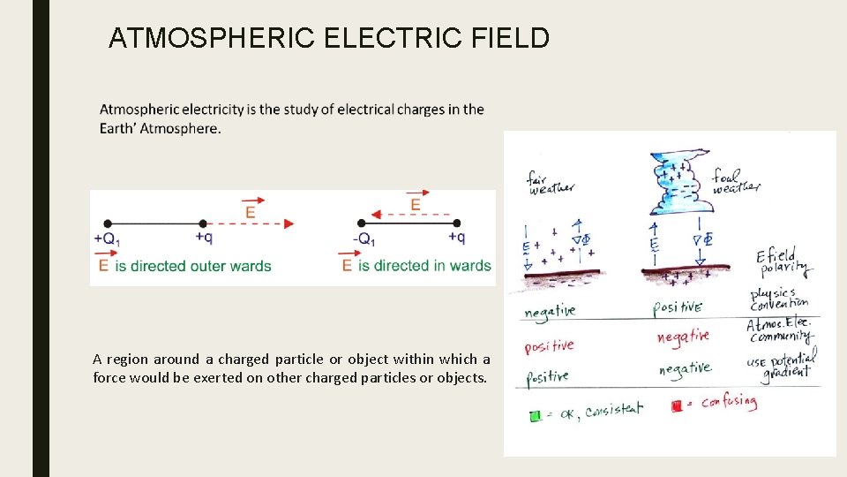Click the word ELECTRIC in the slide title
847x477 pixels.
tap(382, 38)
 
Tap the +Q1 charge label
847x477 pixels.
tap(108, 239)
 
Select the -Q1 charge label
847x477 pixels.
tap(364, 239)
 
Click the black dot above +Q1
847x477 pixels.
tap(108, 223)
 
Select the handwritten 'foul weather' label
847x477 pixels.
tap(735, 180)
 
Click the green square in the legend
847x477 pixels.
tap(536, 415)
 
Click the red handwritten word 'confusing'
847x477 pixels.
tap(729, 403)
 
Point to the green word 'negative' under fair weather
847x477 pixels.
tap(550, 311)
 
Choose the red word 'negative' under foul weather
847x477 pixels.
tap(682, 337)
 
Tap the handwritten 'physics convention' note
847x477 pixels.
tap(778, 299)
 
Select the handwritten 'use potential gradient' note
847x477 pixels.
tap(782, 362)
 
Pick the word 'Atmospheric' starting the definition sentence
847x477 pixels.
tap(144, 110)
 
